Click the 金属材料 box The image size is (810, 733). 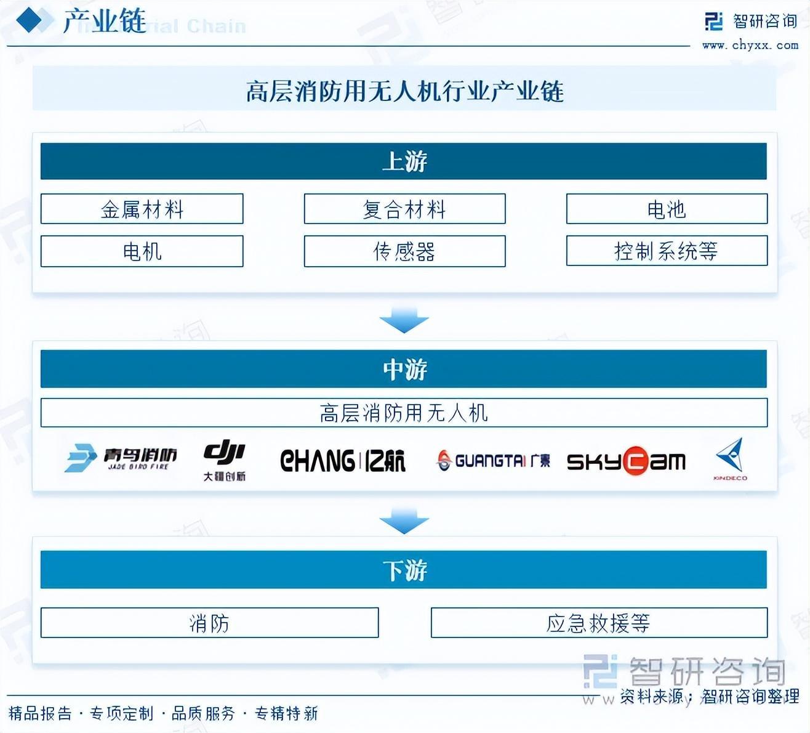click(142, 209)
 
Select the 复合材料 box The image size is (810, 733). click(404, 209)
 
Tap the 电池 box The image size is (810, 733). click(667, 209)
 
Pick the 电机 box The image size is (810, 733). click(142, 251)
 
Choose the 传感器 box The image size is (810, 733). click(404, 251)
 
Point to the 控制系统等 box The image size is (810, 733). click(667, 251)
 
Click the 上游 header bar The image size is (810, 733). click(404, 161)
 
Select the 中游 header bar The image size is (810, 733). click(404, 369)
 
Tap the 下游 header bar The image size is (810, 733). click(404, 570)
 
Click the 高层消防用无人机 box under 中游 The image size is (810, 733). click(404, 413)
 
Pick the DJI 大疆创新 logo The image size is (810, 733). click(225, 460)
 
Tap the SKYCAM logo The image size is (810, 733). click(626, 461)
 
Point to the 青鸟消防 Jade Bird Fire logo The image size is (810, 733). click(121, 458)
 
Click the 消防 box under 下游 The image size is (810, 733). click(209, 623)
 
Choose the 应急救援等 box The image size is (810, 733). click(599, 623)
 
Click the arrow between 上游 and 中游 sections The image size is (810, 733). click(404, 321)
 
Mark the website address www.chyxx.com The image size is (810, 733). click(750, 45)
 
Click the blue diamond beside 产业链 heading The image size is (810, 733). click(30, 20)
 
